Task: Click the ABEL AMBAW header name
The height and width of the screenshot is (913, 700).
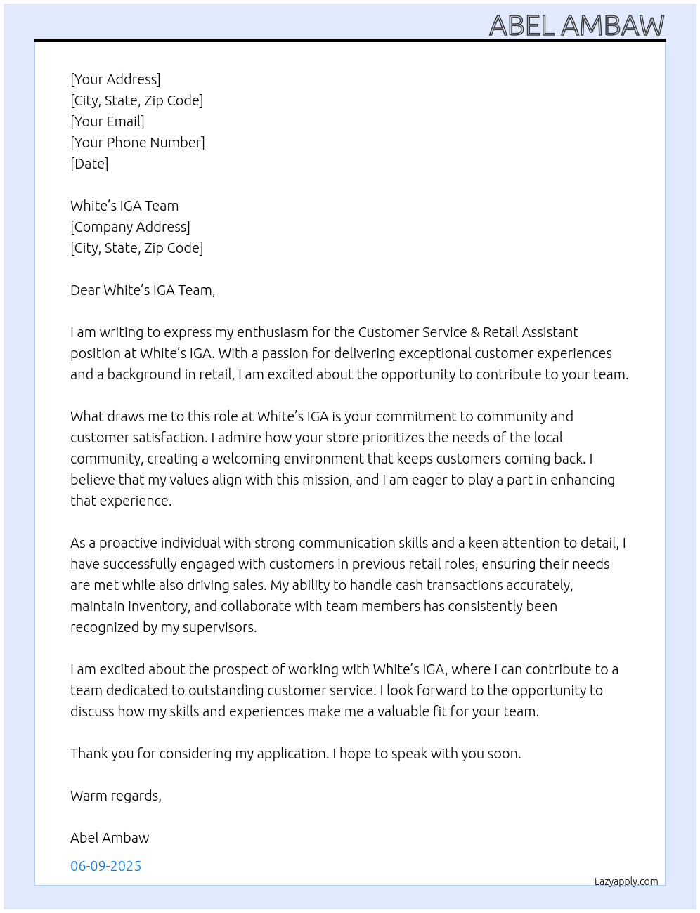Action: tap(576, 26)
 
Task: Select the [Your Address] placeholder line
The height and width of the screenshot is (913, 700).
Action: tap(115, 79)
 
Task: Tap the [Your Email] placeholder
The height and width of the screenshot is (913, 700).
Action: tap(108, 121)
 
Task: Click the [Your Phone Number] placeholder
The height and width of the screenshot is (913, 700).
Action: tap(138, 143)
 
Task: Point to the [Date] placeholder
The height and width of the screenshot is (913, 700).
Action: tap(89, 164)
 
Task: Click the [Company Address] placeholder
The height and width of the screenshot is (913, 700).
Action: tap(130, 227)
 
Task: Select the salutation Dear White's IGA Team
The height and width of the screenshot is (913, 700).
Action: tap(143, 290)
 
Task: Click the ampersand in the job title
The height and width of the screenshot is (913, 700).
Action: tap(474, 332)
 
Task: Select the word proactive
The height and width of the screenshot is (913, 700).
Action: tap(128, 543)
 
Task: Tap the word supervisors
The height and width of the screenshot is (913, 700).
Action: tap(219, 627)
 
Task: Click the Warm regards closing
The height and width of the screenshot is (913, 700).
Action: tap(116, 796)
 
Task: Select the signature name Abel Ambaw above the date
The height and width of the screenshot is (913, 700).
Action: tap(110, 838)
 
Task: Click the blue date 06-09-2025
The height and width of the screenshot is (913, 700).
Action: tap(105, 866)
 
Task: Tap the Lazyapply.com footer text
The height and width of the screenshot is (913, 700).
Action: tap(626, 881)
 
